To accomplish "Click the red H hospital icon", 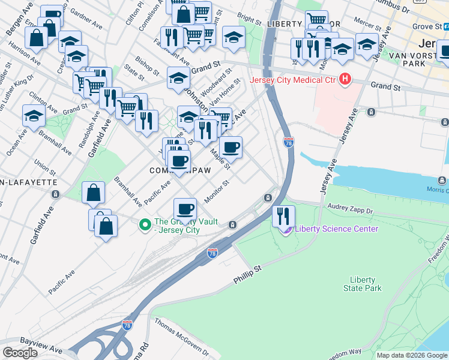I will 345,79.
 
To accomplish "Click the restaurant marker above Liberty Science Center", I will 283,215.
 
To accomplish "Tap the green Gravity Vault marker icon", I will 144,225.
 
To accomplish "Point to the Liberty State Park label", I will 363,284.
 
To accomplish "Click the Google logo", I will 20,353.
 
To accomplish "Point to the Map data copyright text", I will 412,355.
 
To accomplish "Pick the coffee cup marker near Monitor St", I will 185,209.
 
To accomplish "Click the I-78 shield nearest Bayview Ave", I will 127,325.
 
